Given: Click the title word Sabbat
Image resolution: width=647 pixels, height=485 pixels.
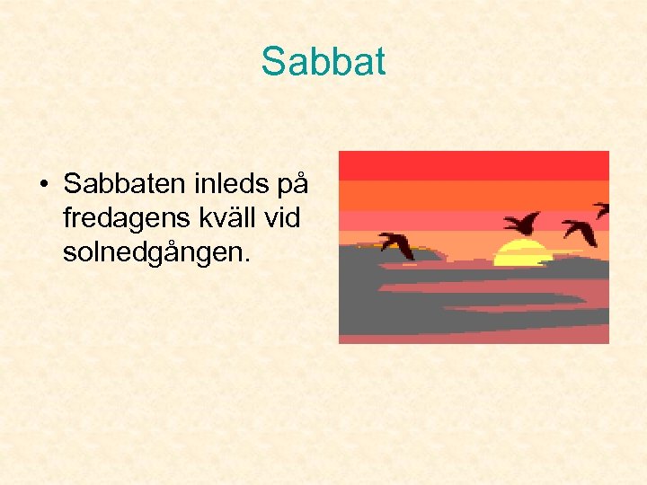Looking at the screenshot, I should tap(323, 62).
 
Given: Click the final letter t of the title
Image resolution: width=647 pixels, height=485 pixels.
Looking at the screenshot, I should tap(379, 62).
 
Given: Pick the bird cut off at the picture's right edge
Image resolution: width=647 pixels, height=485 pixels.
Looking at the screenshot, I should tap(601, 209).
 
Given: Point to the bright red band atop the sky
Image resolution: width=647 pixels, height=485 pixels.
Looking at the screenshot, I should tap(474, 165).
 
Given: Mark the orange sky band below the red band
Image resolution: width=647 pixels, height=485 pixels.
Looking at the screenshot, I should tap(474, 195).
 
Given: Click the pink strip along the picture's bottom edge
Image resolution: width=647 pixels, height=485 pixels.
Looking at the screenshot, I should tap(474, 335).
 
